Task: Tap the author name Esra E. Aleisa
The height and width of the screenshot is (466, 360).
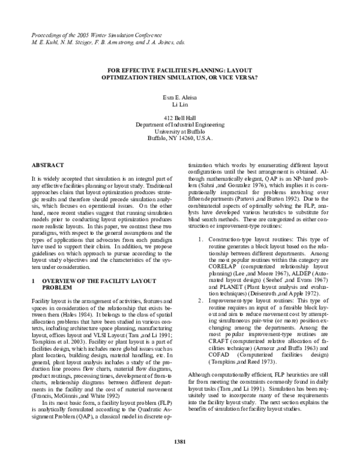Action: (x=180, y=97)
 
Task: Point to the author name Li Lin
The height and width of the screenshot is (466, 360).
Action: (x=180, y=105)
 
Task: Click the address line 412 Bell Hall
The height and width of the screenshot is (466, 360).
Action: (x=180, y=117)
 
